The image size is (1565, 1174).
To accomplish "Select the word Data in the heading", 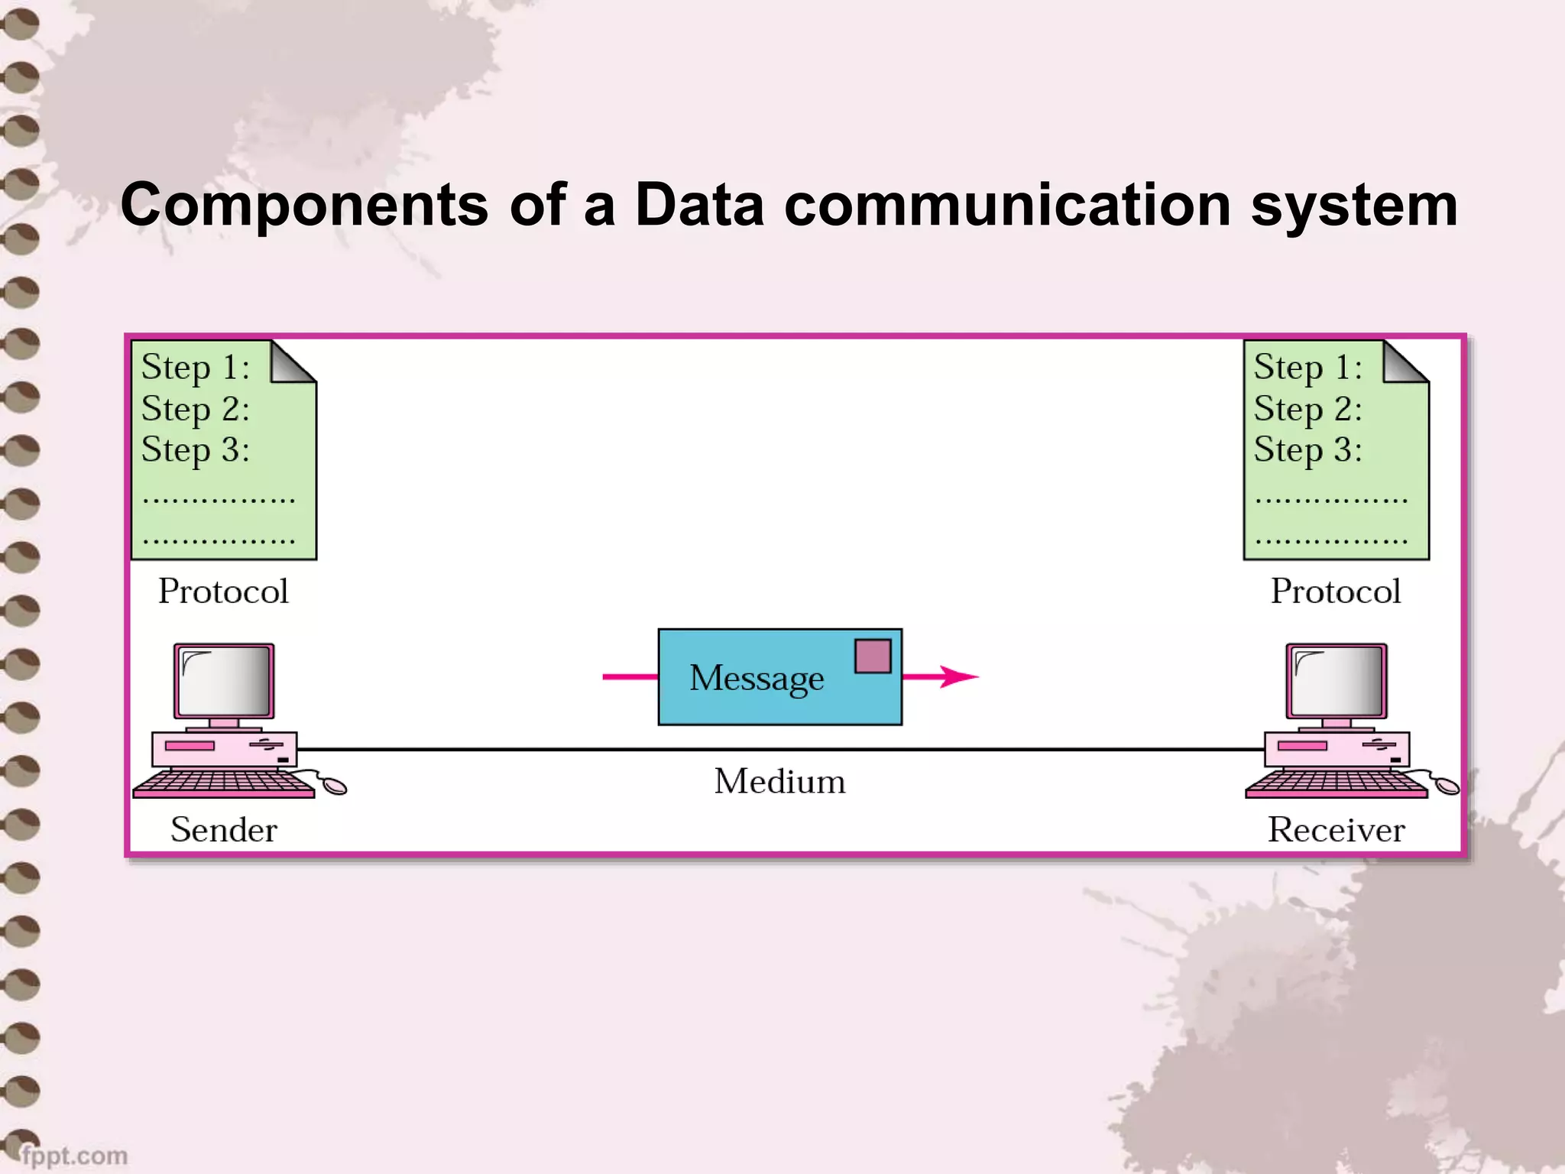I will coord(699,205).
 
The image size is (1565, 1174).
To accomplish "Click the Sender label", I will coord(223,830).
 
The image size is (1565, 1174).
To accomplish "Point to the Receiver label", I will coord(1336,830).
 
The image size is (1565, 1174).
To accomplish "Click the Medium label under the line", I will coord(779,782).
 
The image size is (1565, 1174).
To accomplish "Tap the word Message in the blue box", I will coord(757,678).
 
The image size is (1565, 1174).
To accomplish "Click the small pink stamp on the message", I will coord(873,656).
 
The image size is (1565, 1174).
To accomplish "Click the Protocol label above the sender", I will coord(223,591).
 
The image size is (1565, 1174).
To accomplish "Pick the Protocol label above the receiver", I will coord(1336,591).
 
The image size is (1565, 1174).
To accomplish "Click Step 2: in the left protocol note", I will coord(195,410).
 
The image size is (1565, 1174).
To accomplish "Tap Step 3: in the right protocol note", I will coord(1307,450).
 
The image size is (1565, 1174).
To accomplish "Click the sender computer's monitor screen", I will coord(225,680).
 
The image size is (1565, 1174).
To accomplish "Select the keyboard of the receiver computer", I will coord(1336,783).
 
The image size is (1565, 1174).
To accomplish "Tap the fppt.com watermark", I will coord(74,1155).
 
